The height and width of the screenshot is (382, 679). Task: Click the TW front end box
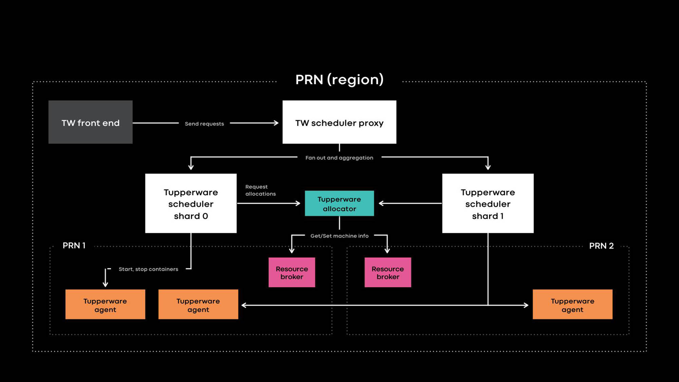[x=90, y=122]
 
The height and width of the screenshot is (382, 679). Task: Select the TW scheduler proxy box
[x=339, y=122]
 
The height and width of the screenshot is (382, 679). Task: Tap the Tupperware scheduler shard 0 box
[x=191, y=203]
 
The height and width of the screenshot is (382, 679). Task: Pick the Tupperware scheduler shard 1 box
[x=488, y=203]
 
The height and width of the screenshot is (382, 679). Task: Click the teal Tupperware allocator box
[x=339, y=203]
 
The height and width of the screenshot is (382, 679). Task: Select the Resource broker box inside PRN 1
[x=292, y=272]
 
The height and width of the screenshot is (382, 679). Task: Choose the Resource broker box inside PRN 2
[x=388, y=272]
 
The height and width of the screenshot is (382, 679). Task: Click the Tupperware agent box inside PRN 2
[x=572, y=305]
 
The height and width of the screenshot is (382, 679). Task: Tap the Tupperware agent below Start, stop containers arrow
[x=105, y=305]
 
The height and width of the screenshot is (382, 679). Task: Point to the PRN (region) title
[x=339, y=79]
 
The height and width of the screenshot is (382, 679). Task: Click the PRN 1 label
[x=74, y=245]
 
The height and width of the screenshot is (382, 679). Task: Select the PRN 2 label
[x=601, y=246]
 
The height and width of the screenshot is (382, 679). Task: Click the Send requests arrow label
[x=204, y=124]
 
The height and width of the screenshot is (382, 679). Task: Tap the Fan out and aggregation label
[x=339, y=158]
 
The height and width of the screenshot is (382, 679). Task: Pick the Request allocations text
[x=260, y=190]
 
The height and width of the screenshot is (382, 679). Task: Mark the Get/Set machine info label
[x=339, y=236]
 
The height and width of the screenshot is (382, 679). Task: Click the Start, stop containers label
[x=148, y=269]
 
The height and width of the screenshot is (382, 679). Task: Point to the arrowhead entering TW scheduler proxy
[x=276, y=123]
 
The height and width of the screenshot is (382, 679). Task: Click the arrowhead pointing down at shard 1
[x=488, y=167]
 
